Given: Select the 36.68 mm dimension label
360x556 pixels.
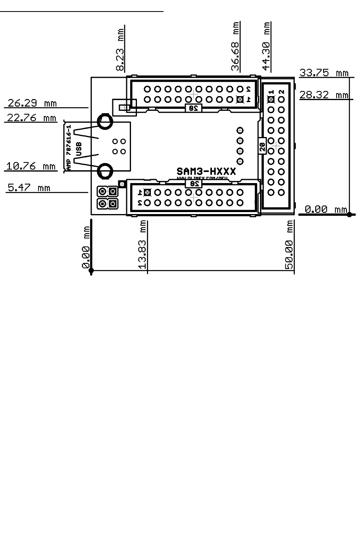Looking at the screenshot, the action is click(x=236, y=46).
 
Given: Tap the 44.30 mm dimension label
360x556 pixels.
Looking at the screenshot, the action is click(x=266, y=46).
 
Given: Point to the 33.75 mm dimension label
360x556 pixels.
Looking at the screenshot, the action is click(x=324, y=73).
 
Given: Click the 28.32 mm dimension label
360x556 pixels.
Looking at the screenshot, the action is click(x=324, y=95).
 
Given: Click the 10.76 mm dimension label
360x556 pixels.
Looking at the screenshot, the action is click(x=31, y=166).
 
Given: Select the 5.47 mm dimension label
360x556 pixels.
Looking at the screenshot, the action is click(x=29, y=187).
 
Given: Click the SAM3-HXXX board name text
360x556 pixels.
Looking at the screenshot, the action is click(x=206, y=171).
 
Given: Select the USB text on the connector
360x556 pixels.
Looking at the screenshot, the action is click(x=79, y=149).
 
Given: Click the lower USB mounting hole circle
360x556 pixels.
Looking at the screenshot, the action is click(x=105, y=171).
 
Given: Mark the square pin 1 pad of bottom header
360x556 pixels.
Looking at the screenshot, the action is click(x=147, y=192).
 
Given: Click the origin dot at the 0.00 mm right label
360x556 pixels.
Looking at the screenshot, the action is click(x=349, y=214).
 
